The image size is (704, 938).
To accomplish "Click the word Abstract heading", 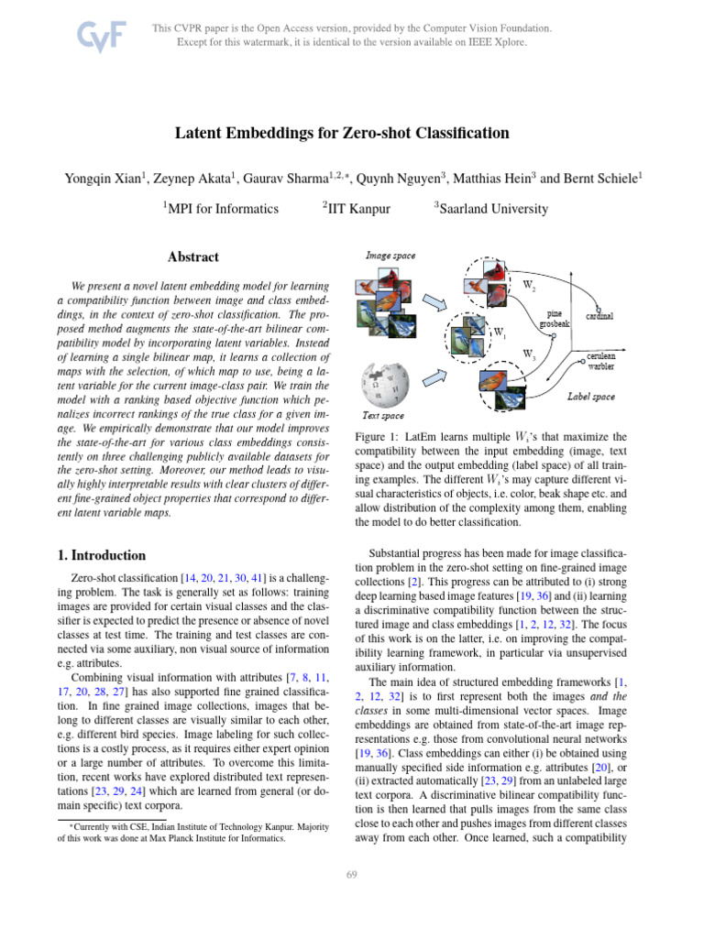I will pyautogui.click(x=193, y=257).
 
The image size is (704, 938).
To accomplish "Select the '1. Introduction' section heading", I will pyautogui.click(x=102, y=555).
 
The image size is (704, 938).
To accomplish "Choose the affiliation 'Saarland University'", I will pyautogui.click(x=491, y=209).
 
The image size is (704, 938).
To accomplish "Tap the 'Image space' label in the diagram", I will pyautogui.click(x=390, y=255).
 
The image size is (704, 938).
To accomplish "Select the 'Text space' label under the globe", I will pyautogui.click(x=384, y=415).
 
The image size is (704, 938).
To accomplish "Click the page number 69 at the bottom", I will pyautogui.click(x=351, y=877).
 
